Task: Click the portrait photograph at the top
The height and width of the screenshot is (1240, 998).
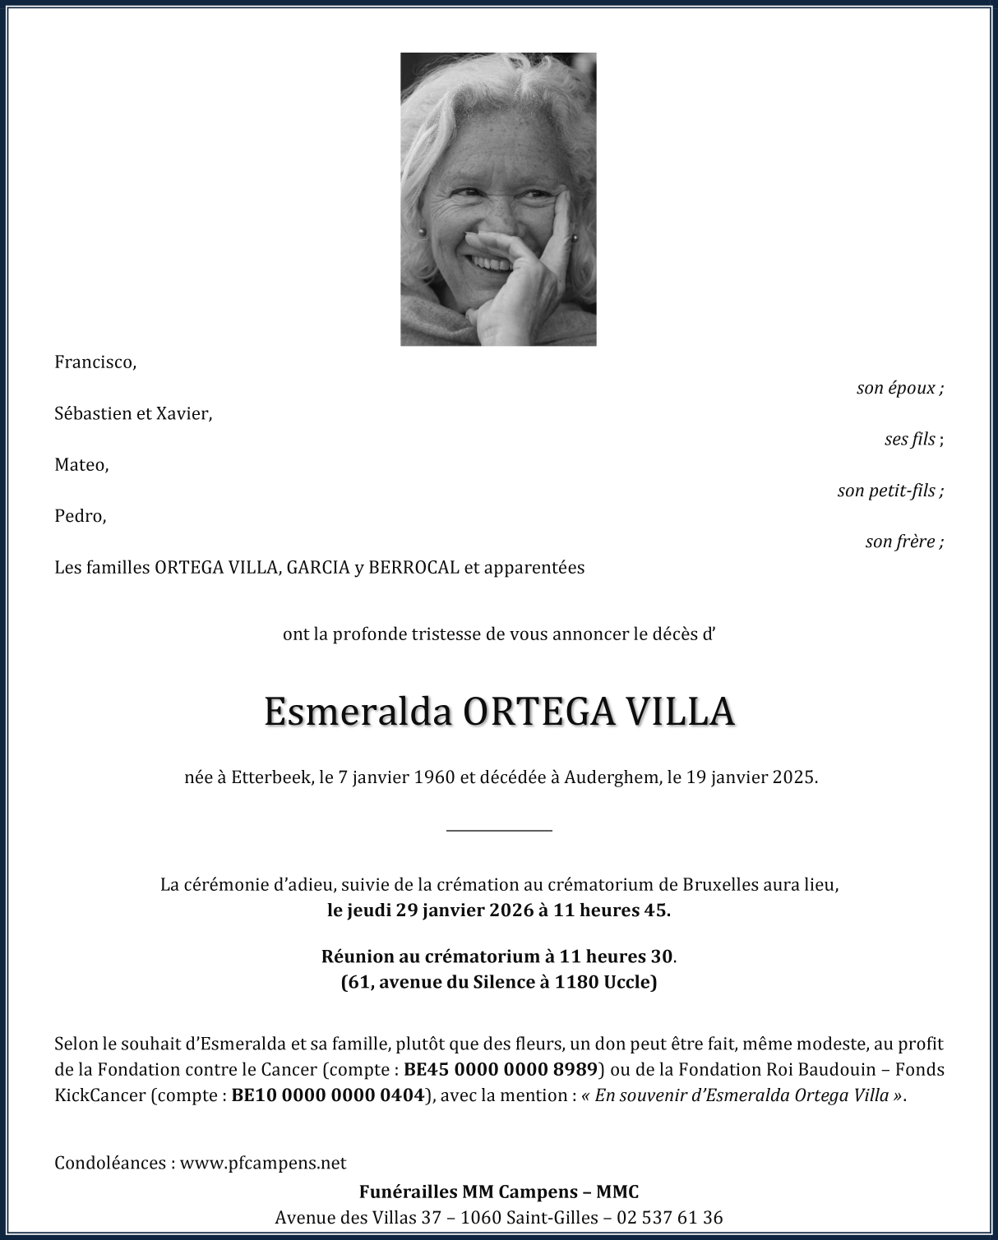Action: (498, 199)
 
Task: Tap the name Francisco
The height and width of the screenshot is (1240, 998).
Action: (95, 362)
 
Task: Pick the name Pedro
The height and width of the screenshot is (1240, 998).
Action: (80, 516)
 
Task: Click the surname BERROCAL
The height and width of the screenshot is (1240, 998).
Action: (414, 567)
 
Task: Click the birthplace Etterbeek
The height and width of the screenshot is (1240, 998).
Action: (270, 777)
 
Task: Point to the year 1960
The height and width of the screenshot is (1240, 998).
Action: (435, 777)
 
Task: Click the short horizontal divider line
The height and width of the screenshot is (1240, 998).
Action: (499, 831)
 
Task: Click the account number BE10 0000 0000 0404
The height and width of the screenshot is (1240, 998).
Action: (328, 1095)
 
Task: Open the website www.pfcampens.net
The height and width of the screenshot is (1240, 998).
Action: (263, 1163)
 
